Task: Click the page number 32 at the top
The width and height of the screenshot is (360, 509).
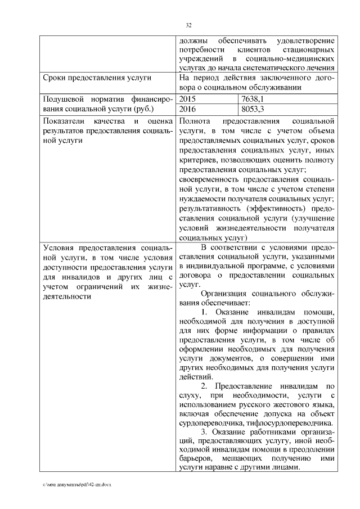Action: pyautogui.click(x=189, y=25)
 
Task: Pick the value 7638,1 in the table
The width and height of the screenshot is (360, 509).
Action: pyautogui.click(x=253, y=98)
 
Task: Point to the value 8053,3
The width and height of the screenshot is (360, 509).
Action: pyautogui.click(x=253, y=108)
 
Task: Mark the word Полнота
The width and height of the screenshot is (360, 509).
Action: pyautogui.click(x=195, y=120)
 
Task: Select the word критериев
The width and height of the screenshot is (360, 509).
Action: pyautogui.click(x=197, y=159)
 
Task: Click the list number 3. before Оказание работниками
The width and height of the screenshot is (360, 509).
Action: pyautogui.click(x=205, y=431)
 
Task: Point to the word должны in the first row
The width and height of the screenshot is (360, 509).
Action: pyautogui.click(x=193, y=41)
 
